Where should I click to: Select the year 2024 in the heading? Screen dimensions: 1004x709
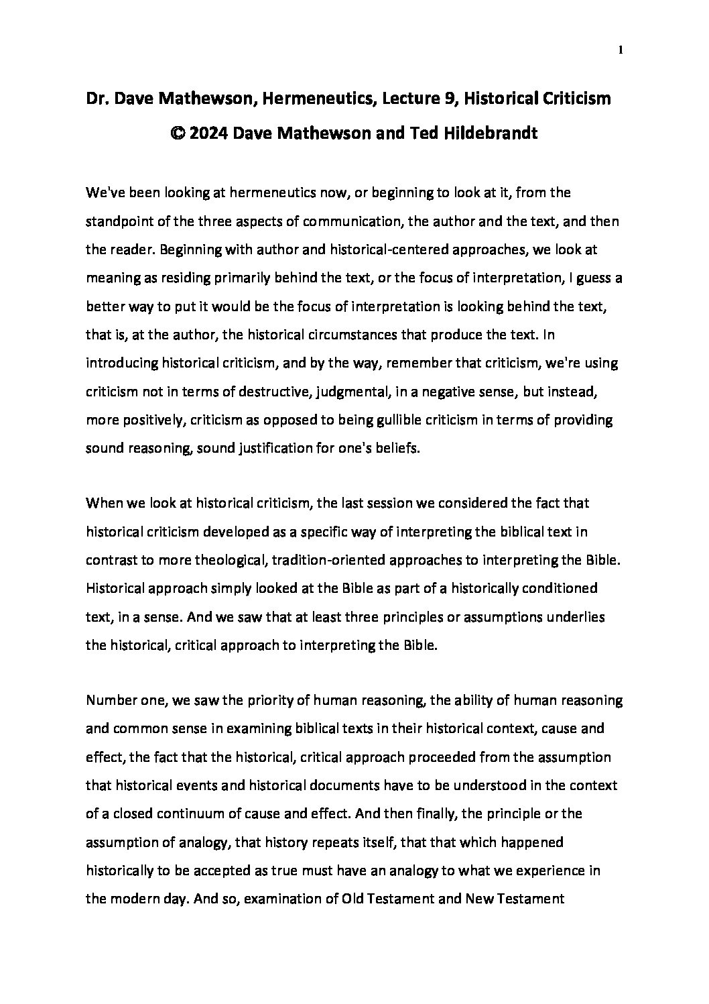[210, 133]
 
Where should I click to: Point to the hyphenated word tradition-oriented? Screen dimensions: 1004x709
[293, 562]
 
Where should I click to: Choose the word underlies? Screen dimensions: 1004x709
[576, 618]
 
